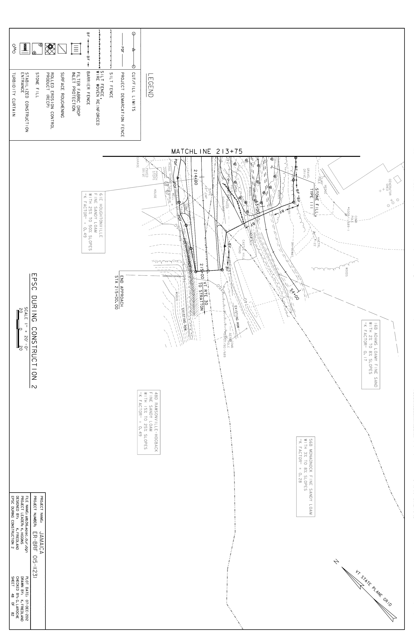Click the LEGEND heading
click(150, 85)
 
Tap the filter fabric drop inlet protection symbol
click(76, 48)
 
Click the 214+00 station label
click(195, 177)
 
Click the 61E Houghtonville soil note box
click(93, 222)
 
